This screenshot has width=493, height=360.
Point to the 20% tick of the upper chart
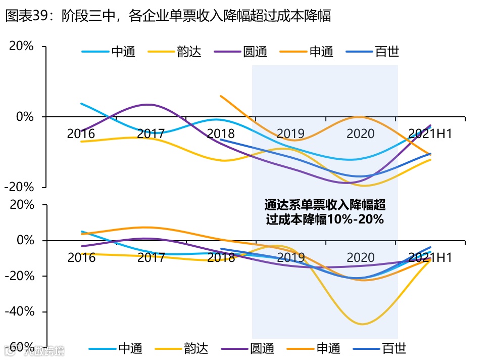(x=21, y=46)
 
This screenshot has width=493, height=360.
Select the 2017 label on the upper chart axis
(x=151, y=134)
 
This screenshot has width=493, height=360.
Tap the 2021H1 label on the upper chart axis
(x=429, y=134)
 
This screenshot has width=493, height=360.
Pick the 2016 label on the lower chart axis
(x=81, y=257)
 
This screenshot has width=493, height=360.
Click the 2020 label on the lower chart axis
(x=361, y=257)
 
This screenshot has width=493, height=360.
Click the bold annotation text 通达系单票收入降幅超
(x=325, y=205)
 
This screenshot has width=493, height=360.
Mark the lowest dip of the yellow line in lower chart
(x=362, y=324)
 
